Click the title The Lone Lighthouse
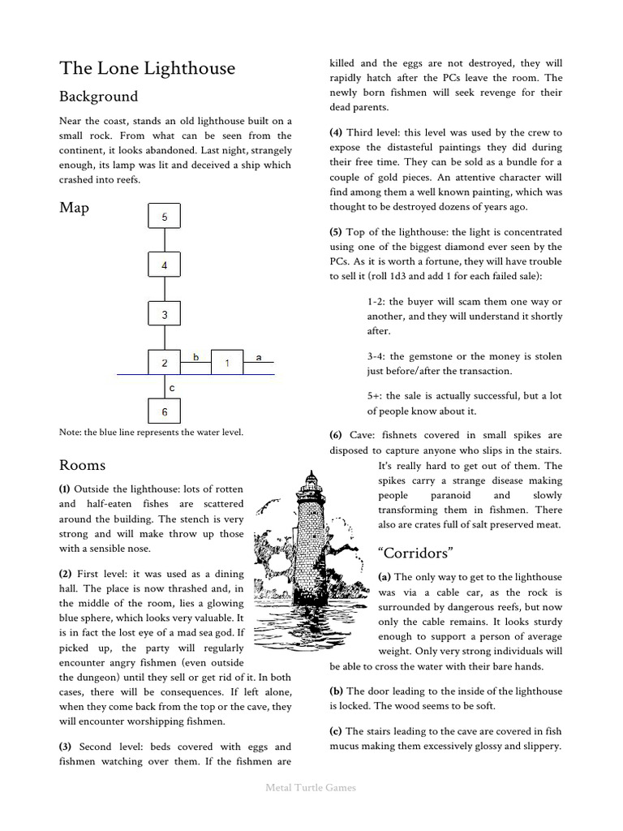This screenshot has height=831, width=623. (147, 68)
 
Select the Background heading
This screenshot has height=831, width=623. (98, 97)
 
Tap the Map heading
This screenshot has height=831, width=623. (74, 208)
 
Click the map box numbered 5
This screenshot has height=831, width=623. (165, 217)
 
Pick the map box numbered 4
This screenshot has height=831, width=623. (165, 265)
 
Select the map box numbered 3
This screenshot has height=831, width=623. (165, 314)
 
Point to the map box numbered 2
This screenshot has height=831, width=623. (165, 363)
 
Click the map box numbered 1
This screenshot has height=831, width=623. (227, 363)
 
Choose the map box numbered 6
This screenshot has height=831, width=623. (165, 411)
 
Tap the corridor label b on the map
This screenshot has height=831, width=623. (195, 356)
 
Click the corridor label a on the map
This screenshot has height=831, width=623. (259, 356)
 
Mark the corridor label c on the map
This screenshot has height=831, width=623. (172, 388)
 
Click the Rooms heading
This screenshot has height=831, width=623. (82, 465)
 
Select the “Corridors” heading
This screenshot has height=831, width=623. (415, 553)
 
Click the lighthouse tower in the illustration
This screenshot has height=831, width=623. (308, 536)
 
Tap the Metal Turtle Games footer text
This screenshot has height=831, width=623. (311, 786)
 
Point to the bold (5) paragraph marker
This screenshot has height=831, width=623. (336, 232)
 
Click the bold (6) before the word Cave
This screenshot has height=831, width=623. (336, 435)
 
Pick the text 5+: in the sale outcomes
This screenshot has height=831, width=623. (375, 396)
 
